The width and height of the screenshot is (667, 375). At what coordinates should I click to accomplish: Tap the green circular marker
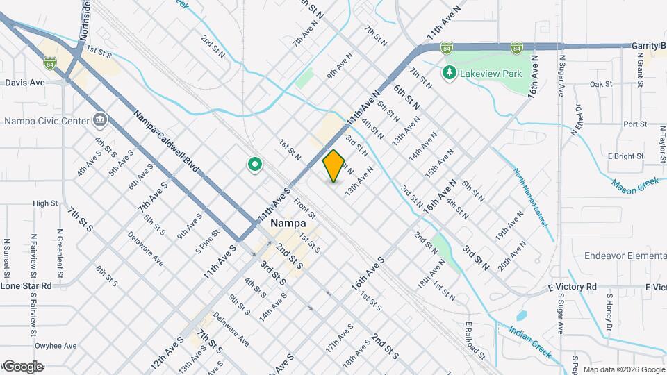[x=255, y=165]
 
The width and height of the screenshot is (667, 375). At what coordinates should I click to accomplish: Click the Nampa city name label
[x=287, y=224]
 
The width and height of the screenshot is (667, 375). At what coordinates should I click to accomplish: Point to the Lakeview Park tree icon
[x=450, y=72]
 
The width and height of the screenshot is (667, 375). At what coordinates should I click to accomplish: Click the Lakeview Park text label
[x=486, y=72]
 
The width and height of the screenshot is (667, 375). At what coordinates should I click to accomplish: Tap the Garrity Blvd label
[x=648, y=45]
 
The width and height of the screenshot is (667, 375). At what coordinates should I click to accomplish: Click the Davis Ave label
[x=24, y=82]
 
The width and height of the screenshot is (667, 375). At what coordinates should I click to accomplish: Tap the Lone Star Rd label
[x=26, y=285]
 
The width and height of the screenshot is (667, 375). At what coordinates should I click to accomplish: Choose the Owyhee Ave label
[x=56, y=345]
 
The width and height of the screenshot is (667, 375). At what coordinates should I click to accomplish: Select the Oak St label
[x=600, y=84]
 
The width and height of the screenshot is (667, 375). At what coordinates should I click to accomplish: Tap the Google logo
[x=22, y=366]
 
